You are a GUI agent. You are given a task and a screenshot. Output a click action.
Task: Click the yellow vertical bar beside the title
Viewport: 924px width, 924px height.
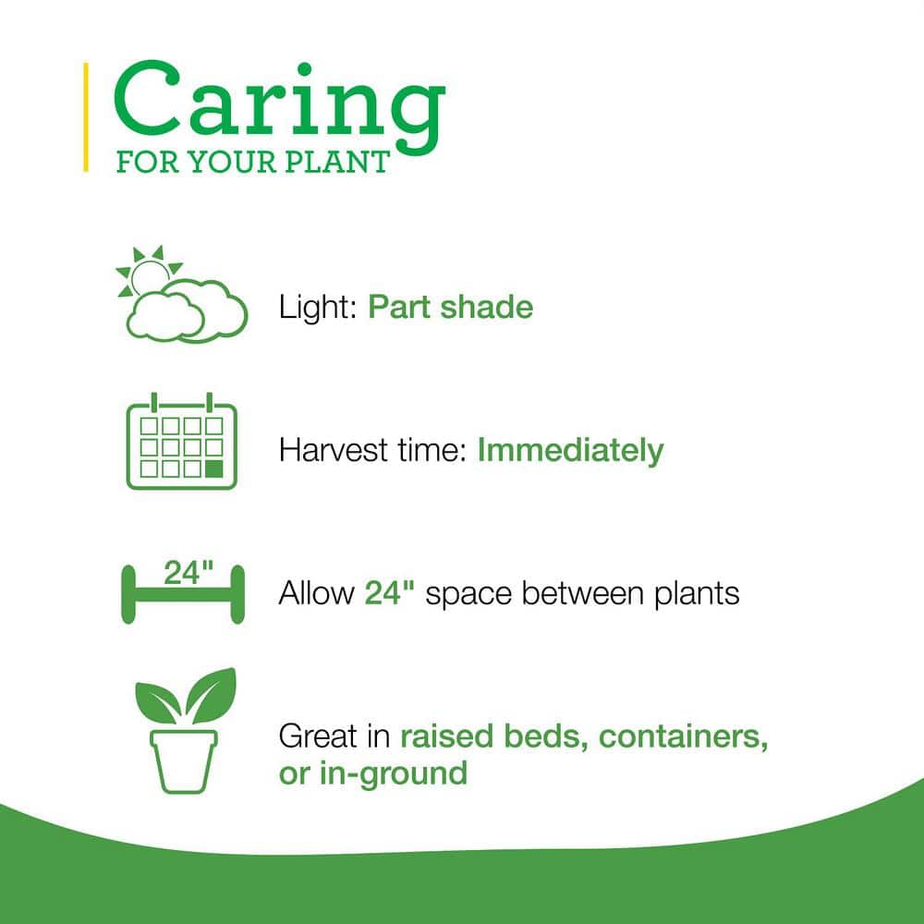86,117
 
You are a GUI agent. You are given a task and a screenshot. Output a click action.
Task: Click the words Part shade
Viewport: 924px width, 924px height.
450,307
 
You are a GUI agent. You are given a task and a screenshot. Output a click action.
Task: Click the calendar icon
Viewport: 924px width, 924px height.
182,441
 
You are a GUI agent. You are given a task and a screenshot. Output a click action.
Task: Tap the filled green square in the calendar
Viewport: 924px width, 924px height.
214,469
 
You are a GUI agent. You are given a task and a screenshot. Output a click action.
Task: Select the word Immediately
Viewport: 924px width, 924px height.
570,451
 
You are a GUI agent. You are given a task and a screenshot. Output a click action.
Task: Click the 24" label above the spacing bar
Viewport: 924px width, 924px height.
188,573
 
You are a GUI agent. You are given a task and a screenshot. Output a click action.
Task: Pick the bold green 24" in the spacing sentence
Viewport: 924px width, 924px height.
390,593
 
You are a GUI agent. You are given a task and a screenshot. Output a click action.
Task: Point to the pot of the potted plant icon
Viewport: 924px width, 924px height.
183,761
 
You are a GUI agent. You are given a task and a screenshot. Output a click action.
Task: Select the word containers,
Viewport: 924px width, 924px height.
684,736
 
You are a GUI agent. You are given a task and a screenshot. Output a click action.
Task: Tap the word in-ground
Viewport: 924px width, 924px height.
393,773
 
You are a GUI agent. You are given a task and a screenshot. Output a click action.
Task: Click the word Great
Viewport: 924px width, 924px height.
318,736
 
